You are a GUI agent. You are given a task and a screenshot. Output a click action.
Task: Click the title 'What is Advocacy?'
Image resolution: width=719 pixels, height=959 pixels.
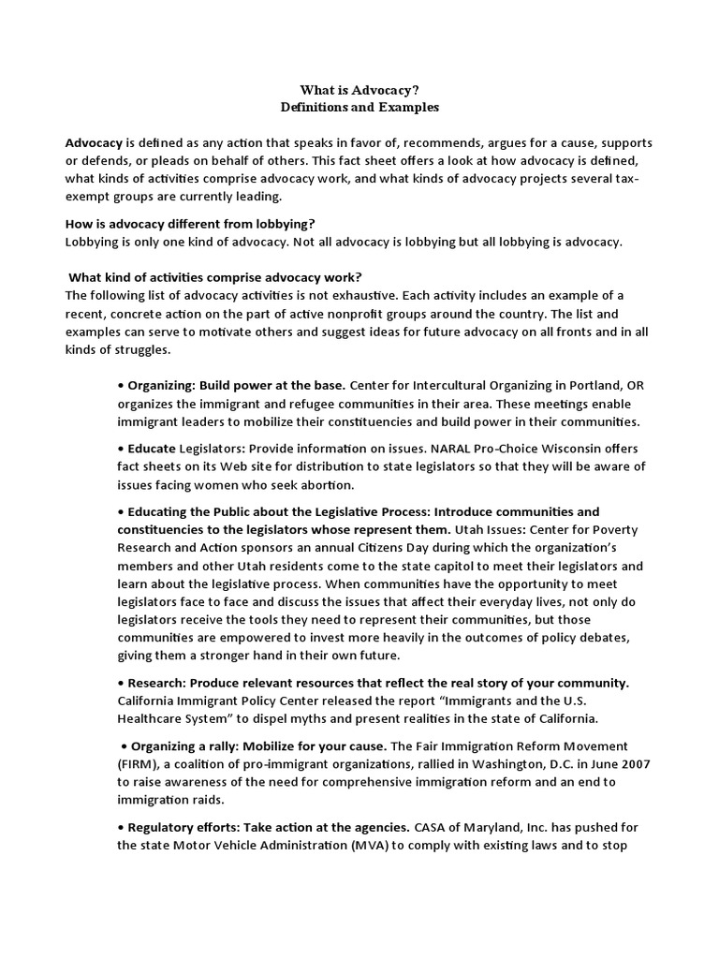[x=360, y=89]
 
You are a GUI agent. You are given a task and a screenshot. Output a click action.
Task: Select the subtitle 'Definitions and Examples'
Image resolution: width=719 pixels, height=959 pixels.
[x=360, y=107]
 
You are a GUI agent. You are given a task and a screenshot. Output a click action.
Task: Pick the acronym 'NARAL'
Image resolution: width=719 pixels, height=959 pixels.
[x=433, y=448]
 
